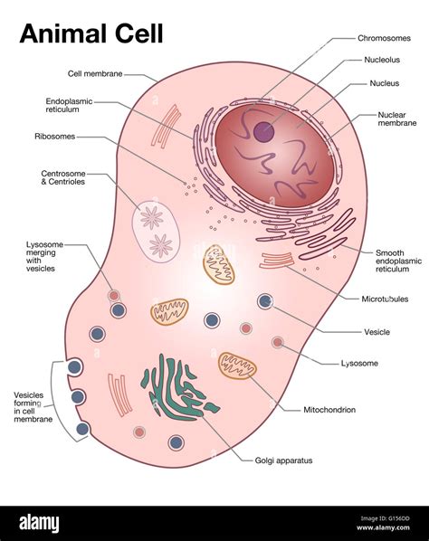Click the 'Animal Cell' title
click(x=91, y=33)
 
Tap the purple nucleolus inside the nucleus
click(x=264, y=132)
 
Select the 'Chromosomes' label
click(x=384, y=38)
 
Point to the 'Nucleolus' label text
click(x=382, y=60)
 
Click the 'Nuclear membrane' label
click(x=397, y=119)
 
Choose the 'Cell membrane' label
click(x=95, y=73)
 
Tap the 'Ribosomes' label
click(x=55, y=137)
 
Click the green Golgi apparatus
click(x=178, y=387)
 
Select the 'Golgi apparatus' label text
click(x=283, y=460)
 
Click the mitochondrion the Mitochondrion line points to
click(x=237, y=365)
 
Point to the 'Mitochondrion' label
click(x=329, y=410)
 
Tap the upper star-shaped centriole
click(x=151, y=217)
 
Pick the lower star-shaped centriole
click(x=161, y=246)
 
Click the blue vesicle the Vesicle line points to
click(x=265, y=301)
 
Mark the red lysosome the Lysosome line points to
click(x=278, y=342)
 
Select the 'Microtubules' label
click(x=385, y=299)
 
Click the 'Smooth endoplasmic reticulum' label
click(x=398, y=261)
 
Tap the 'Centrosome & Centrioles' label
click(x=63, y=177)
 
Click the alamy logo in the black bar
click(x=39, y=523)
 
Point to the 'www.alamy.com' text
click(x=383, y=527)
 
